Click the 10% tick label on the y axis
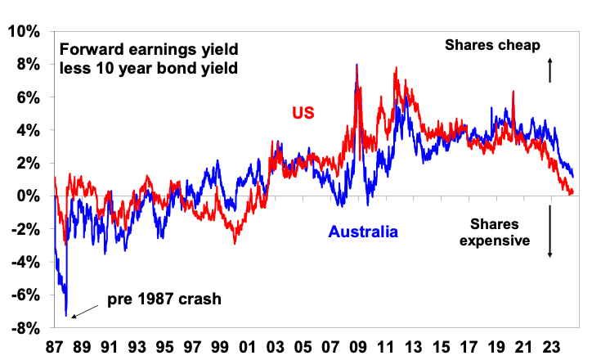pos(25,31)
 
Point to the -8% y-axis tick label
pos(25,328)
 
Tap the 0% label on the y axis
pos(29,196)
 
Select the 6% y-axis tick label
pos(29,97)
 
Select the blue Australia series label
pos(363,232)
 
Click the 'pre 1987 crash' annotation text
pos(164,299)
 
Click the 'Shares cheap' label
pos(493,46)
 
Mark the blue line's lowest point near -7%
pos(65,315)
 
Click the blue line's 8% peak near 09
pos(357,65)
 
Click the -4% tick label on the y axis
pos(25,263)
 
